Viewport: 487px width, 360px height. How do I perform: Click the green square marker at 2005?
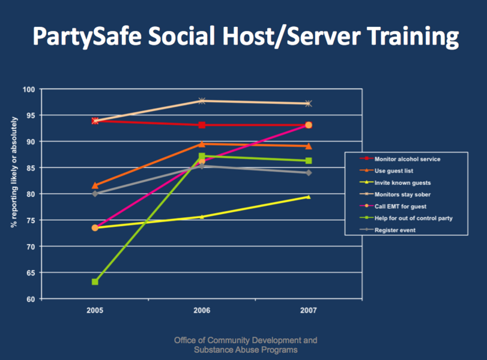95,281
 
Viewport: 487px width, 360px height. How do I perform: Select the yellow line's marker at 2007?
308,196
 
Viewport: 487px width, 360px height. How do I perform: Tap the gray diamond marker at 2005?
95,194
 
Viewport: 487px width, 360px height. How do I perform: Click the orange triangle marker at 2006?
202,144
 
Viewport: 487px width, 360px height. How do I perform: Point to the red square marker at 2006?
202,125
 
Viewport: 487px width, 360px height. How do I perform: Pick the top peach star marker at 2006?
202,101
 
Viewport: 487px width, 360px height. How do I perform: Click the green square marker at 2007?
308,161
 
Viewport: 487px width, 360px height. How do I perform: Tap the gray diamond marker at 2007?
308,173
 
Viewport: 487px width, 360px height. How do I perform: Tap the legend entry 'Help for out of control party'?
413,218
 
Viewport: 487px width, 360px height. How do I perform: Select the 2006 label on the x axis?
202,311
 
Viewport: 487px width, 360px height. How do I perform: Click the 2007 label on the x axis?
308,311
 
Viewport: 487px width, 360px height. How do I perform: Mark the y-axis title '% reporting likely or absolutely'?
13,172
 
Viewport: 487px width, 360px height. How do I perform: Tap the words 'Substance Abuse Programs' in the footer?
246,350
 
